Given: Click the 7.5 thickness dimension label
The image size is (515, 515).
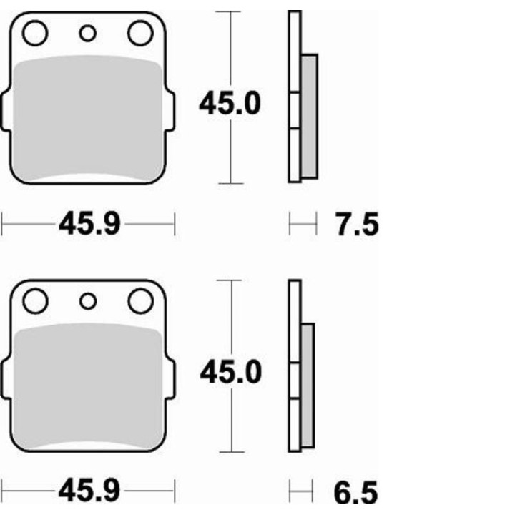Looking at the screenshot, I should pos(356,225).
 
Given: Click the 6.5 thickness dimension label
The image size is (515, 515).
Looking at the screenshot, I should pos(356,494).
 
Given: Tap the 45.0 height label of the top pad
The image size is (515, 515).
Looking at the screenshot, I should pos(230,104).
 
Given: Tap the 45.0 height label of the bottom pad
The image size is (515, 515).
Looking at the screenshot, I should pos(230,373).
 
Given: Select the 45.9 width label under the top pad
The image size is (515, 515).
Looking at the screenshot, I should pos(88,225).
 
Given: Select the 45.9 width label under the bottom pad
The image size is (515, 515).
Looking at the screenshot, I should pos(88,494).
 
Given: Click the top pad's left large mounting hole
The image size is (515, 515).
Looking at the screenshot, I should pos(34,33).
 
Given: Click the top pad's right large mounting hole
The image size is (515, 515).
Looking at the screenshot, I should pos(141,33).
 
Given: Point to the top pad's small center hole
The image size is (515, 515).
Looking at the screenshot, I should pos(88,33).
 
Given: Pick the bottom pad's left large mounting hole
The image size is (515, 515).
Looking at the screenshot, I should pos(34,301).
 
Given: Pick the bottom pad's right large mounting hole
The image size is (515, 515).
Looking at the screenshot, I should pos(141,301).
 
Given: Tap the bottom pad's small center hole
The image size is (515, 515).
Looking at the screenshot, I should pos(88,301).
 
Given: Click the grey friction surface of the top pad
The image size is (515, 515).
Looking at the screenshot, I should pos(88,118).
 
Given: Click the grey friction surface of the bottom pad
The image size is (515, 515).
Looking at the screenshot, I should pos(88,386).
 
